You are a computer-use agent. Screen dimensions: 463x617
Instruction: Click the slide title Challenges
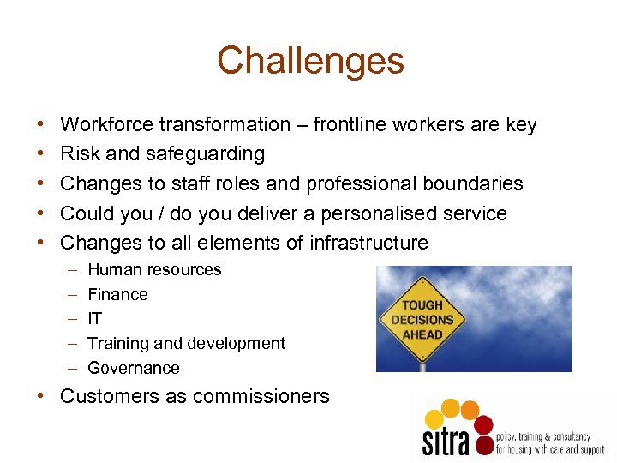(310, 61)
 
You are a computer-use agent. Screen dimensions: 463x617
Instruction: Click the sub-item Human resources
(154, 270)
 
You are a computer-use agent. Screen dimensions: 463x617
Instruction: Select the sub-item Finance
(117, 295)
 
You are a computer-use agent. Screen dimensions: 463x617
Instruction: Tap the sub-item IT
(94, 319)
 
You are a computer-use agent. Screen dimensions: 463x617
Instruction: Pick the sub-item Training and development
(186, 344)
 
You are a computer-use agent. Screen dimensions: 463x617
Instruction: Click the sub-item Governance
(134, 369)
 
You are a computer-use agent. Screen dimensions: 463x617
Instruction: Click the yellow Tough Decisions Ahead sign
(422, 319)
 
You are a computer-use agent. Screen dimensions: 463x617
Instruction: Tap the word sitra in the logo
(446, 441)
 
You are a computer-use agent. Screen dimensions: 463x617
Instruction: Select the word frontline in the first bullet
(350, 125)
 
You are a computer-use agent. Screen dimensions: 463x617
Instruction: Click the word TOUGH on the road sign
(422, 305)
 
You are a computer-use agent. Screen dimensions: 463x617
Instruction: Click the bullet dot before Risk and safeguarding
(43, 154)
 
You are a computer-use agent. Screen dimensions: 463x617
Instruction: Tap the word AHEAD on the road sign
(422, 334)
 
